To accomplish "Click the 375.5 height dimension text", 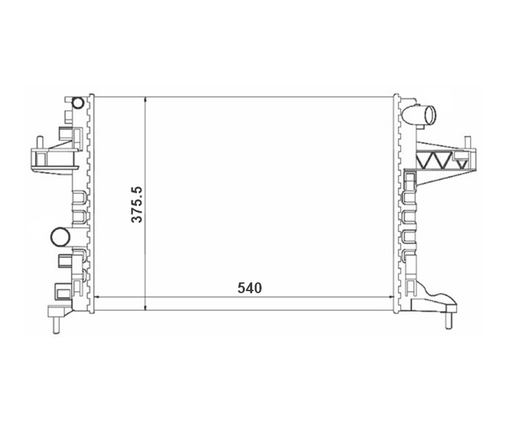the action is pos(137,205).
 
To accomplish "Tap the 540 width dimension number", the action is pos(249,288).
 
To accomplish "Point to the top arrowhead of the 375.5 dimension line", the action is pos(146,99).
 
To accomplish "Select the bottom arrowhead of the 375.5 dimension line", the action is pos(146,307).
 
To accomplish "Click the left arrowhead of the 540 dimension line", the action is pos(96,296).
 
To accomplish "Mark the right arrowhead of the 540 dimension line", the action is pos(391,296).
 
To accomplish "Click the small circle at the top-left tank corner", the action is pos(78,103).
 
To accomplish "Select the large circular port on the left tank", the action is pos(60,237).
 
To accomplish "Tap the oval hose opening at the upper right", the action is pos(430,115).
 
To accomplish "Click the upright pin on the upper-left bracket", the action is pos(40,142).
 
